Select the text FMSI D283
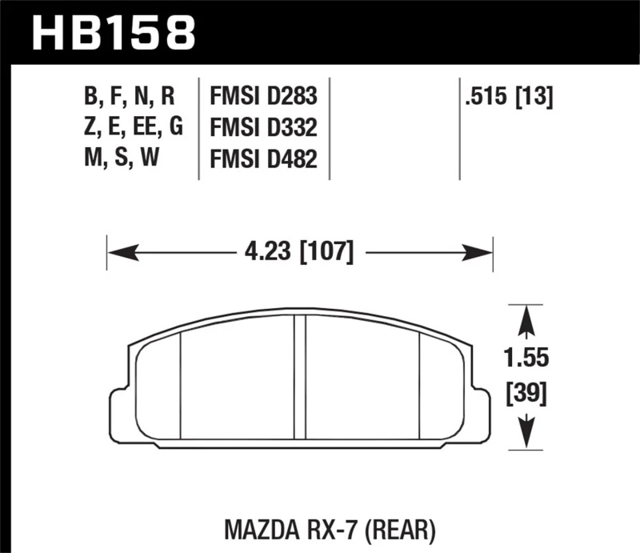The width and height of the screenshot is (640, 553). coord(264,98)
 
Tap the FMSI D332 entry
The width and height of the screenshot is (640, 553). coord(264,128)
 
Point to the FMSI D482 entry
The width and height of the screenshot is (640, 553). coord(264,158)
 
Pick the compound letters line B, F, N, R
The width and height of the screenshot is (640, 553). coord(128,98)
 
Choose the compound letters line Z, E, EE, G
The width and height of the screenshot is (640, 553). coord(134,128)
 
